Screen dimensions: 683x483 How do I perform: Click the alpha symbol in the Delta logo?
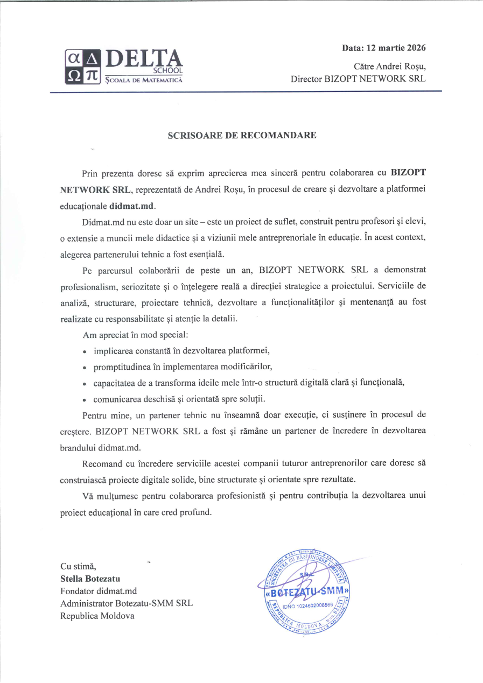[73, 58]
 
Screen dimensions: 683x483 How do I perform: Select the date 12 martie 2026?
[396, 48]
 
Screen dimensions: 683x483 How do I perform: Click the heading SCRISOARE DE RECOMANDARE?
[242, 135]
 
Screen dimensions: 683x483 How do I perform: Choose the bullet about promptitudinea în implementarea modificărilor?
[183, 367]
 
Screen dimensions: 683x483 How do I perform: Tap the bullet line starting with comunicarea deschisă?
[179, 399]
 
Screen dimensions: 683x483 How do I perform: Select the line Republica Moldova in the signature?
[97, 616]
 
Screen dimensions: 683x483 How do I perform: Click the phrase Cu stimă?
[78, 567]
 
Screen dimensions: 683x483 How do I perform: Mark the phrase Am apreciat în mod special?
[135, 335]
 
